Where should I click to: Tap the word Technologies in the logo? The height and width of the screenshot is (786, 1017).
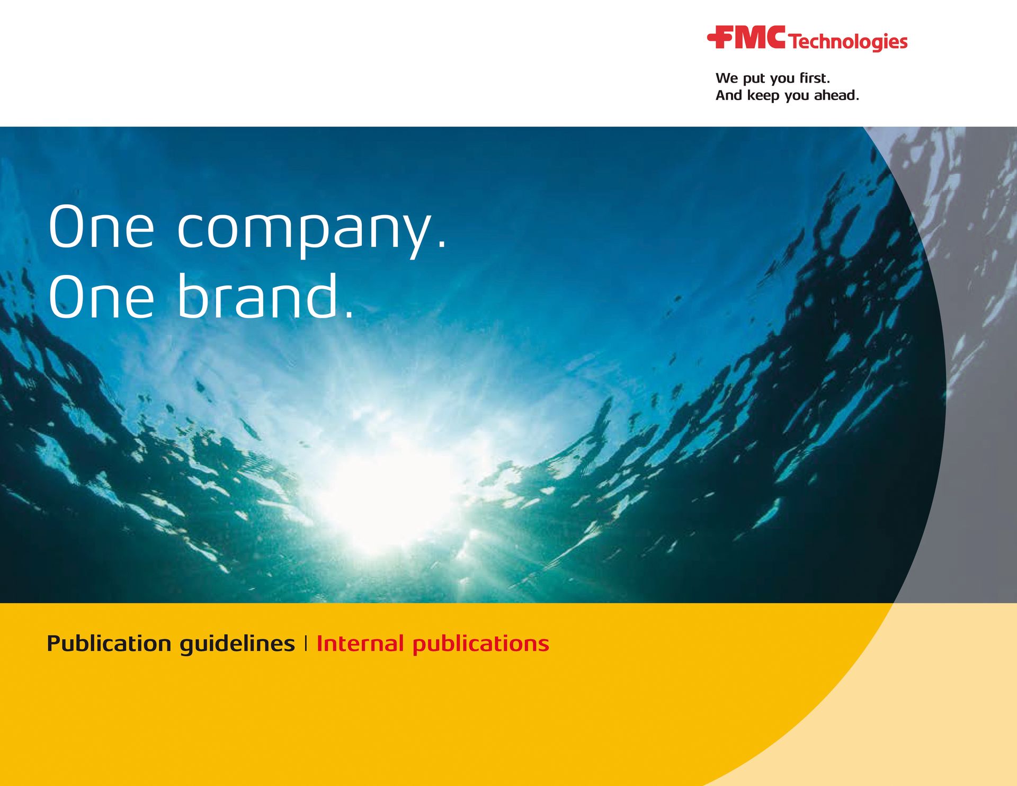coord(848,41)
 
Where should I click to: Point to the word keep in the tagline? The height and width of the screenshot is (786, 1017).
coord(763,96)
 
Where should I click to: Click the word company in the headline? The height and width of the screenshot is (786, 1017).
coord(305,229)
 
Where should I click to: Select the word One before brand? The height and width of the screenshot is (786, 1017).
coord(101,297)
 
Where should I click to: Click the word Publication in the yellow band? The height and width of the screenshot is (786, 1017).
coord(109,644)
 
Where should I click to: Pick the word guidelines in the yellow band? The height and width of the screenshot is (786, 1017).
coord(237,644)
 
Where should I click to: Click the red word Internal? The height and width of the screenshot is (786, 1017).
coord(360,644)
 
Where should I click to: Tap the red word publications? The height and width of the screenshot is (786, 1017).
coord(480,644)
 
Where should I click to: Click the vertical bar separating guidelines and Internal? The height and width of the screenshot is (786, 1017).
coord(306,644)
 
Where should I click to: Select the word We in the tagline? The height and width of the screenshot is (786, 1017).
coord(726,78)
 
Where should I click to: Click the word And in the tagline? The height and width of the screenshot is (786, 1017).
coord(729,95)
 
